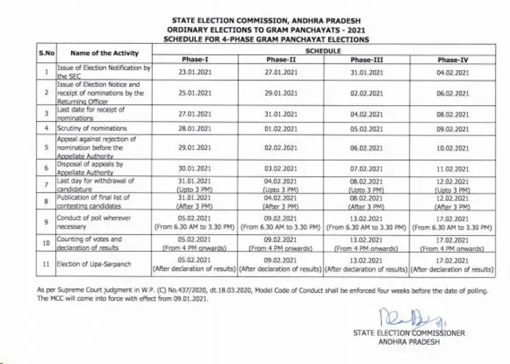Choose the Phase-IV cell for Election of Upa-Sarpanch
[453, 264]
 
